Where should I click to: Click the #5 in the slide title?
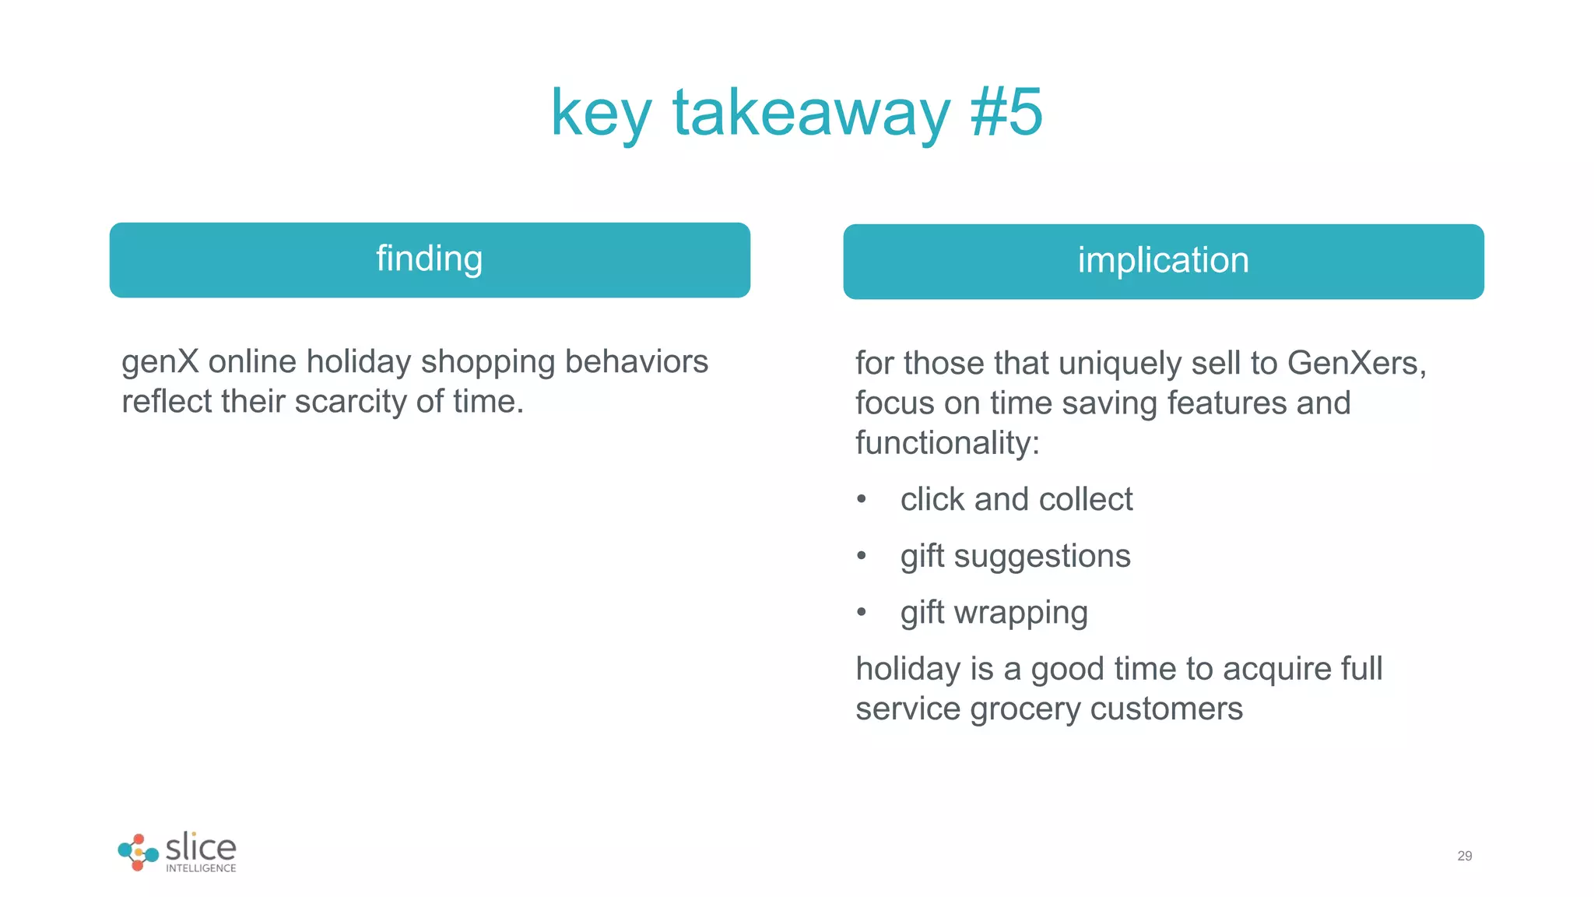tap(1006, 113)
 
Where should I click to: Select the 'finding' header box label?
tap(430, 259)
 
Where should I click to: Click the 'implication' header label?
tap(1163, 260)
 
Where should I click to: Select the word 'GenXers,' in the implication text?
tap(1356, 364)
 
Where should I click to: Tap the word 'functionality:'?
tap(947, 444)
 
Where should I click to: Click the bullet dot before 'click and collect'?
tap(861, 499)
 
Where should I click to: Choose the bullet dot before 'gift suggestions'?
tap(861, 556)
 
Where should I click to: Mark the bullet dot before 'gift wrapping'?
tap(861, 613)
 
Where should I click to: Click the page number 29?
tap(1464, 856)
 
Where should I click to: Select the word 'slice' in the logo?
tap(201, 846)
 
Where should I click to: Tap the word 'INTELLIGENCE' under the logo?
tap(201, 868)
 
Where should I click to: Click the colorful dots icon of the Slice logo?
tap(138, 853)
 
